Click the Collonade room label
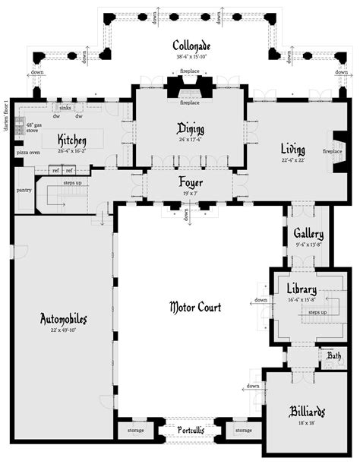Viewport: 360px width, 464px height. tap(180, 46)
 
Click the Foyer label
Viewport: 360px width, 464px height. tap(190, 182)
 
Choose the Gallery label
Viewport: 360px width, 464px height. tap(309, 235)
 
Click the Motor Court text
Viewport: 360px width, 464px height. tap(195, 308)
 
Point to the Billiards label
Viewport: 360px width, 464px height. tap(308, 412)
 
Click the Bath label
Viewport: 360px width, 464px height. tap(334, 355)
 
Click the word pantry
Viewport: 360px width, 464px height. tap(24, 190)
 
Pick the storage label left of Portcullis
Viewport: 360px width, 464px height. tap(136, 431)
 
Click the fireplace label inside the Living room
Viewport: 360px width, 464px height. tap(333, 151)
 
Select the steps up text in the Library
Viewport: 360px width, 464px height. tap(317, 312)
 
